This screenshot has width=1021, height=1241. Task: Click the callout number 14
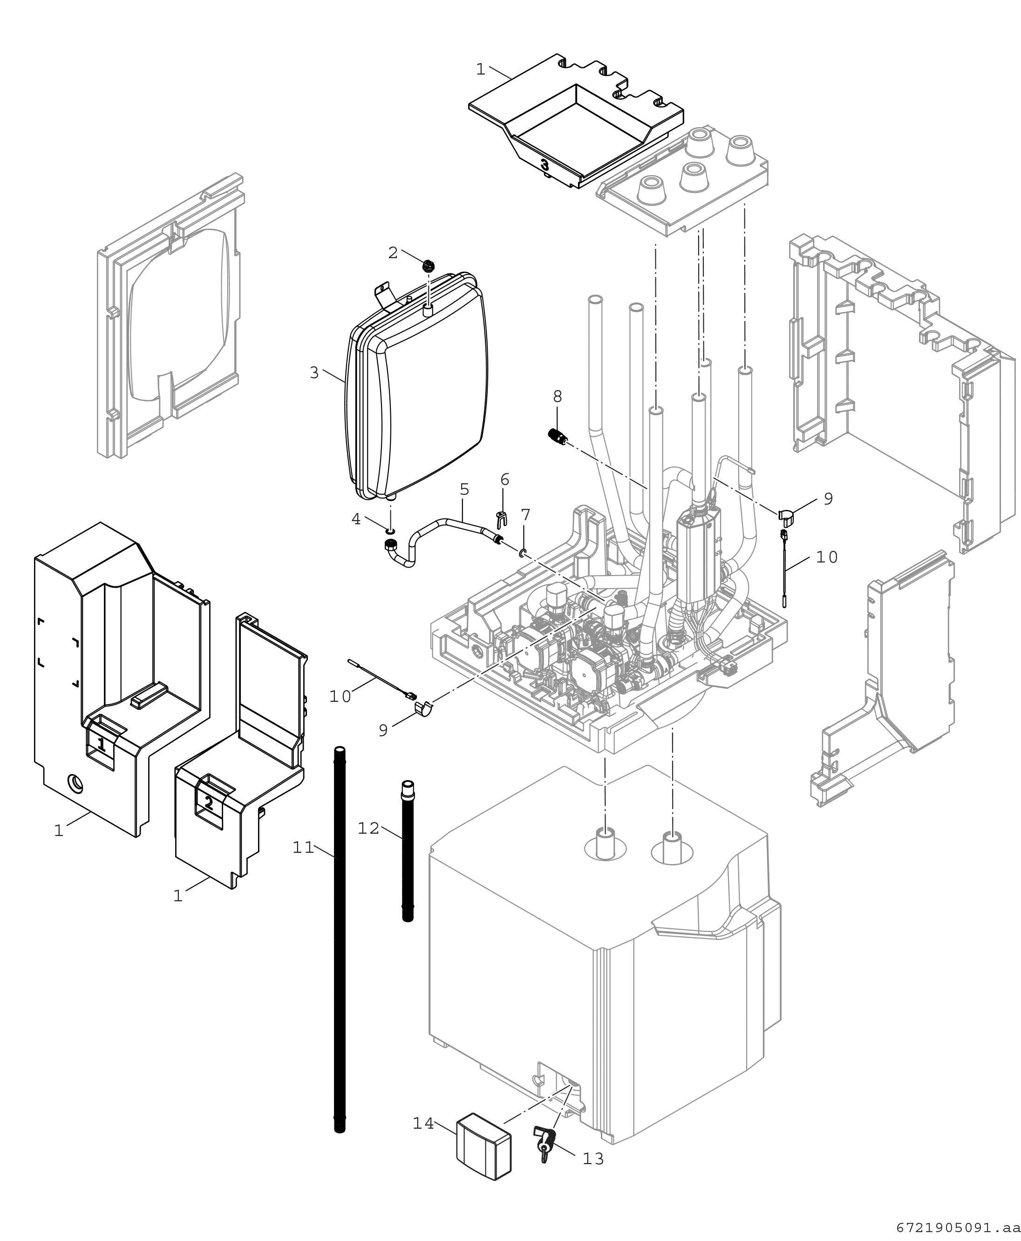[423, 1123]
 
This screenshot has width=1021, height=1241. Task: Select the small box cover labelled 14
[483, 1145]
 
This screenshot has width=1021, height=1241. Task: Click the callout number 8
[557, 396]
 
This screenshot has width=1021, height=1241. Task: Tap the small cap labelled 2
[428, 265]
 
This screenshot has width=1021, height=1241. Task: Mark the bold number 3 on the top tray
[545, 165]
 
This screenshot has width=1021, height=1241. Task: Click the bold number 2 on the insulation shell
[209, 802]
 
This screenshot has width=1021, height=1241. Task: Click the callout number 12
[369, 828]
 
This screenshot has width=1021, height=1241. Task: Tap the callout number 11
[304, 848]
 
